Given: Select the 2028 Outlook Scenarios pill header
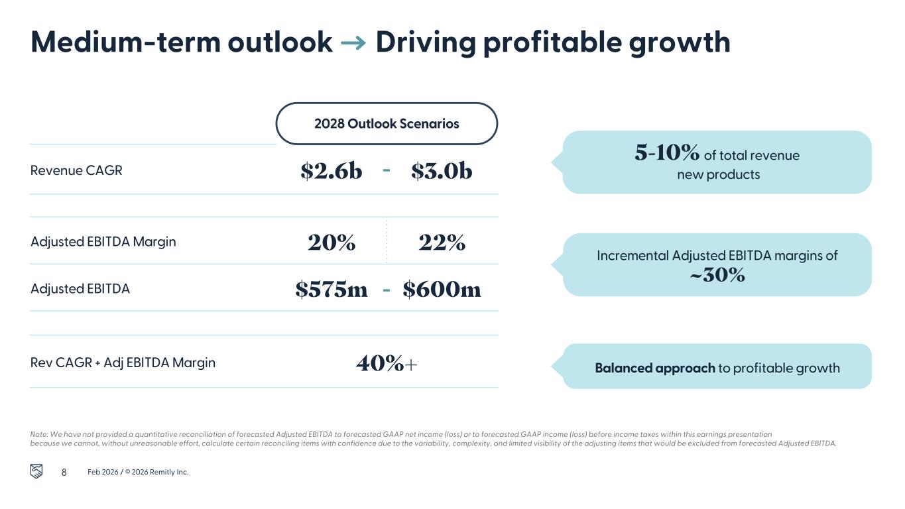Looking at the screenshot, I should (x=387, y=123).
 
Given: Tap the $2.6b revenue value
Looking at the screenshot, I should (x=332, y=171).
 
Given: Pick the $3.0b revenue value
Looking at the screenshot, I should (x=442, y=171).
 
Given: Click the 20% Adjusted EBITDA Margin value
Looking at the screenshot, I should (x=332, y=243).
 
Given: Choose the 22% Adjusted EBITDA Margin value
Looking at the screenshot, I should (x=442, y=243).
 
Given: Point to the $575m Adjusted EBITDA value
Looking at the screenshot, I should (x=332, y=289).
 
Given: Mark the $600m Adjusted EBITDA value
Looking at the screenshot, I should (x=442, y=289).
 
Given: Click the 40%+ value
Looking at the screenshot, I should (x=387, y=363).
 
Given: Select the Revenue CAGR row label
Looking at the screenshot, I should (x=76, y=170).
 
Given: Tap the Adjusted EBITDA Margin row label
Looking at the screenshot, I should (x=103, y=241).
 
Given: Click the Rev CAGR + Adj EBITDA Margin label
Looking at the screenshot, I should (x=123, y=363).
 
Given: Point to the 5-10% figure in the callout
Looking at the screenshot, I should (x=666, y=153).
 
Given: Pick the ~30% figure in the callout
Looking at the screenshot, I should (x=717, y=274).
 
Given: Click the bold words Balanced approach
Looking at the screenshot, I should (x=654, y=368).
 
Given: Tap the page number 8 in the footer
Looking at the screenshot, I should (x=64, y=472).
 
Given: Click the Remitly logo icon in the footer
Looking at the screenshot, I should (x=37, y=471).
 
